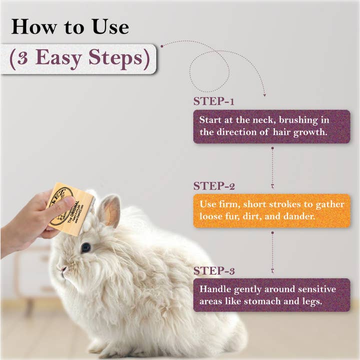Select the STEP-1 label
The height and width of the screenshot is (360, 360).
coord(214,101)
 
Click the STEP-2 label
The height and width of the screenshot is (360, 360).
coord(214,186)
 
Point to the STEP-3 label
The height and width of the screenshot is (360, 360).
coord(214,271)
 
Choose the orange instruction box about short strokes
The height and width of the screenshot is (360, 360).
coord(271,211)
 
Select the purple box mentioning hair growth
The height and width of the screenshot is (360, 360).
coord(271,126)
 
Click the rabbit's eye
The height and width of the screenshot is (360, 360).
coord(86,247)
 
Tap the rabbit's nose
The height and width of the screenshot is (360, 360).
coord(62,269)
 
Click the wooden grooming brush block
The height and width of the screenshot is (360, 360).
coord(70,208)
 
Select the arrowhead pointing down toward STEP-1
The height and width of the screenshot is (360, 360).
coord(264,93)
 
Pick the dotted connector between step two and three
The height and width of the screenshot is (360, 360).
coord(272,251)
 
